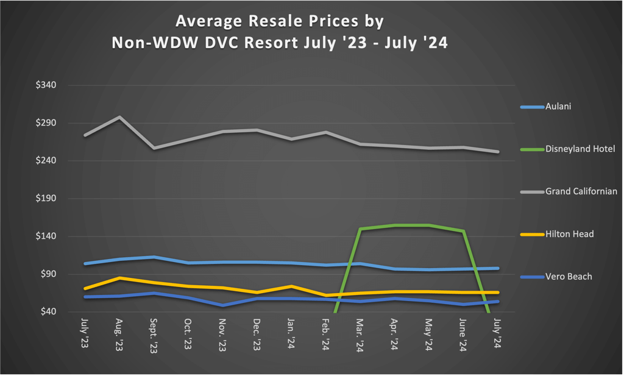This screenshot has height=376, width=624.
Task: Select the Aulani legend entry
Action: [558, 107]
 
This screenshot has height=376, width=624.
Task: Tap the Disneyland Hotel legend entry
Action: [580, 149]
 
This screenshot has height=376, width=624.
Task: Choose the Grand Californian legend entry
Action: [581, 191]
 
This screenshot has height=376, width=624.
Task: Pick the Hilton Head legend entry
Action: [569, 234]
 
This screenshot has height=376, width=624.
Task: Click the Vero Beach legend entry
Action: [568, 277]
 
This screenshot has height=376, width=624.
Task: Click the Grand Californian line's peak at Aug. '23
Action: [119, 117]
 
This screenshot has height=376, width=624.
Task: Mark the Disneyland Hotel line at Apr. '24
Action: [395, 225]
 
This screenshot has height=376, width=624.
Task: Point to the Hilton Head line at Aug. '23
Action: [119, 278]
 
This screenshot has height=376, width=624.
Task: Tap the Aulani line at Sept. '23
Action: [154, 257]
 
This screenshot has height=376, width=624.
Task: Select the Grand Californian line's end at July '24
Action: [498, 152]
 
